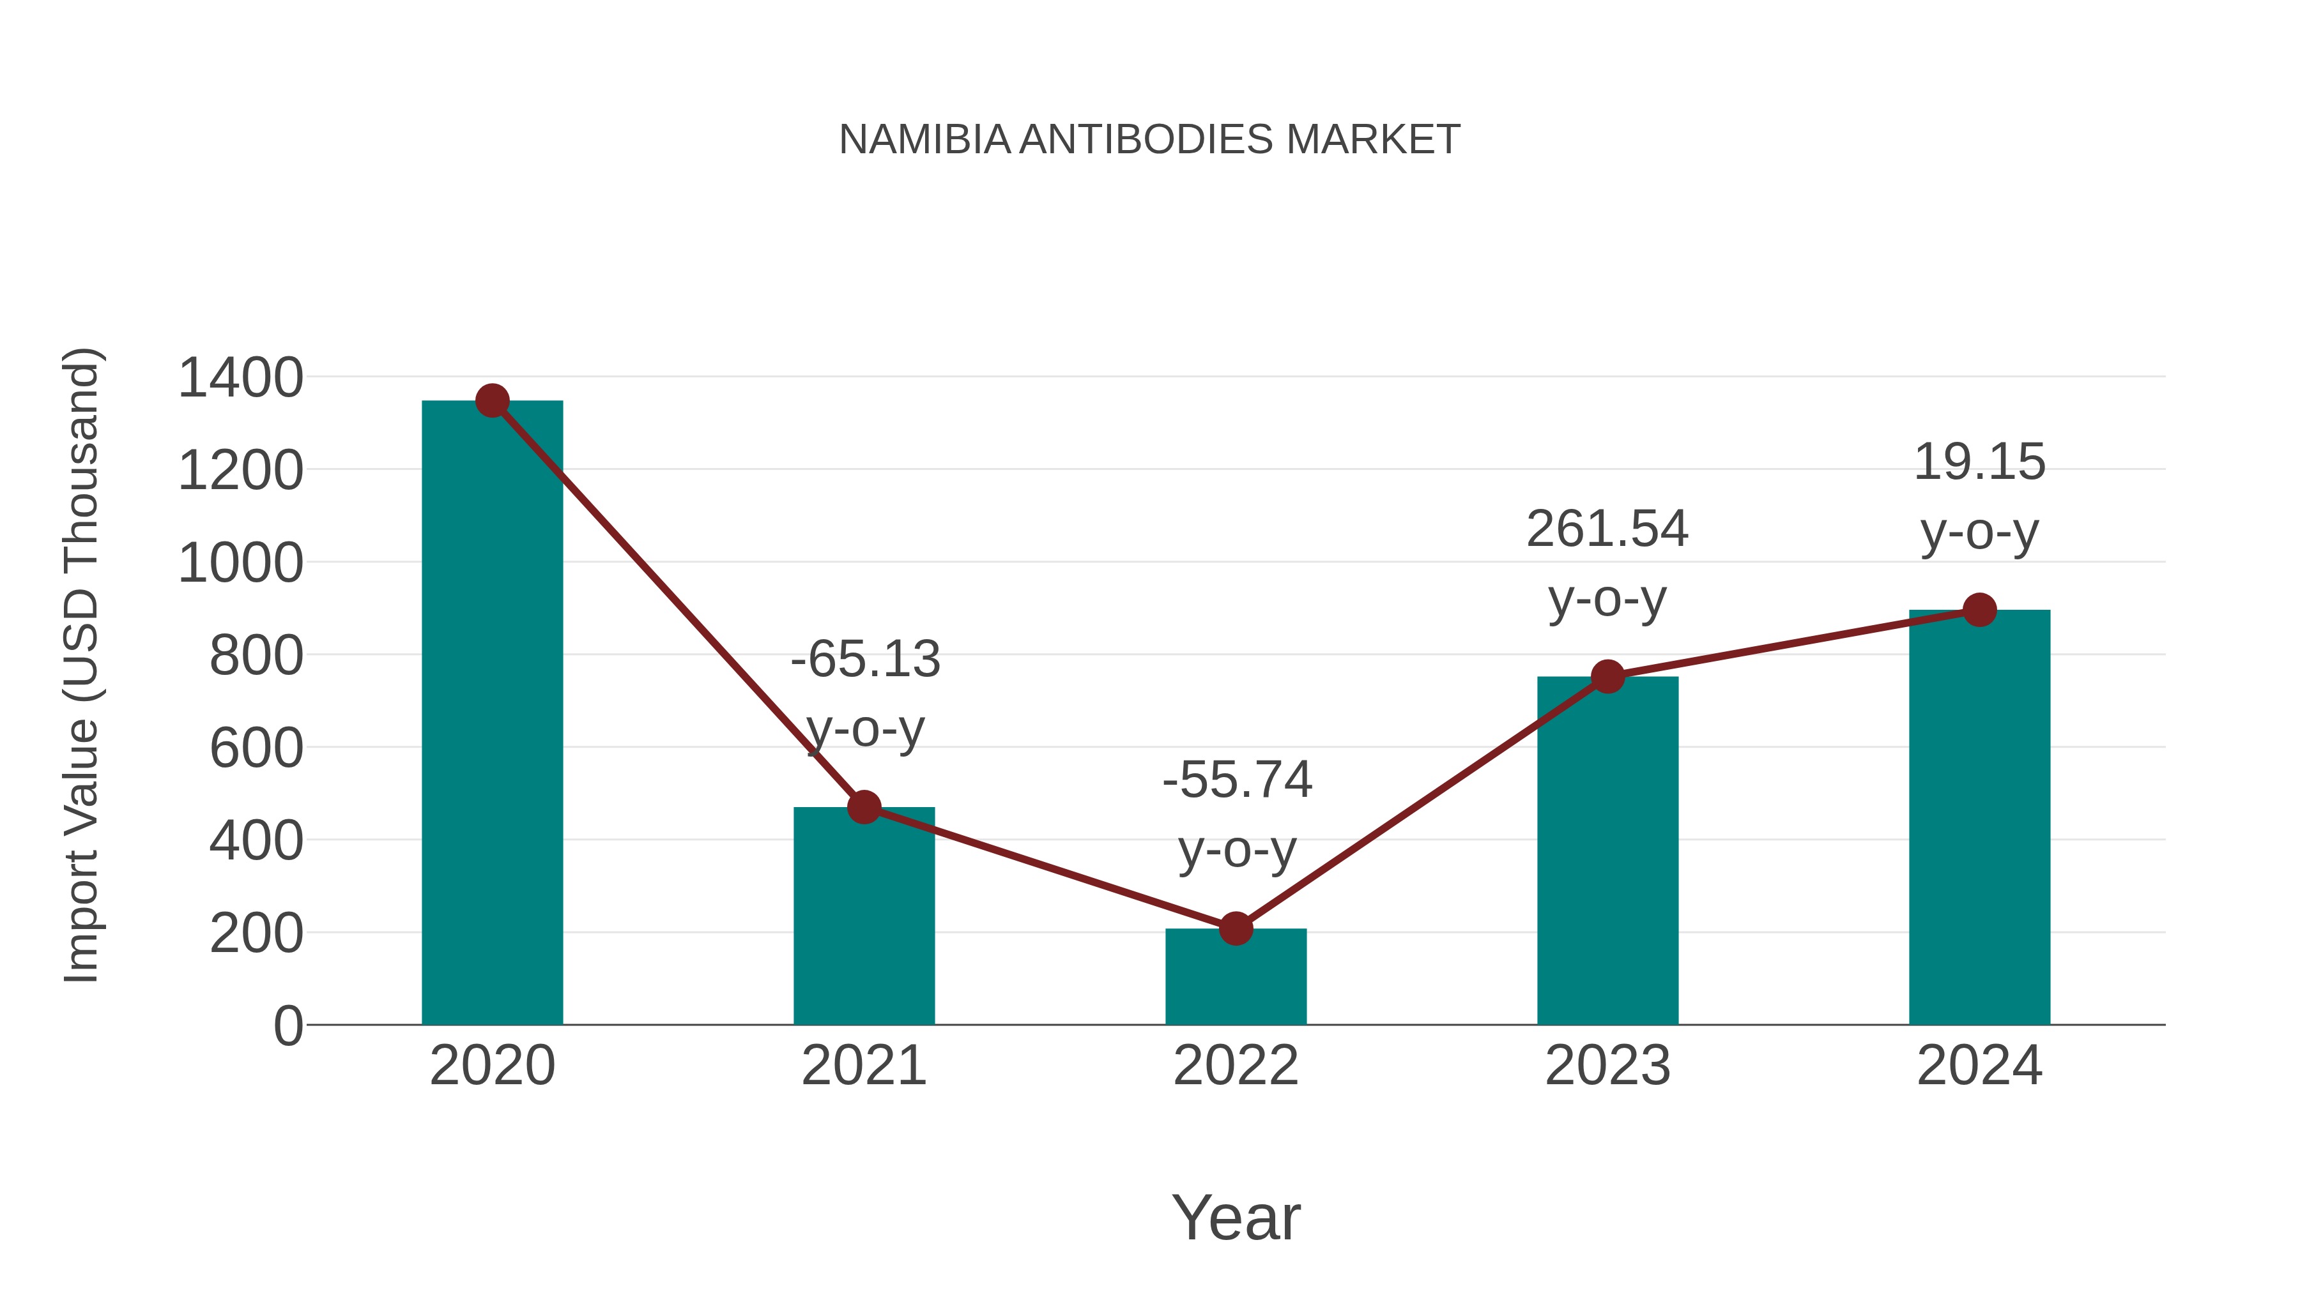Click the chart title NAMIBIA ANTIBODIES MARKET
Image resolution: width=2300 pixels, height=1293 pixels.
click(1149, 140)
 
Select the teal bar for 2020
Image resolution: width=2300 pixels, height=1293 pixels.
click(492, 714)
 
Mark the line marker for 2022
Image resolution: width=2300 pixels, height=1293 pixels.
click(1236, 929)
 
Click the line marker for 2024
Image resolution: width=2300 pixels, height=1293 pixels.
click(1979, 610)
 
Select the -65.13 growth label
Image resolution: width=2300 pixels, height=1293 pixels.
click(865, 660)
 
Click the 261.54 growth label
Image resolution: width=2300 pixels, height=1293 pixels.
click(1607, 529)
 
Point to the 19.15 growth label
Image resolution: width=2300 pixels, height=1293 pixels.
click(1979, 462)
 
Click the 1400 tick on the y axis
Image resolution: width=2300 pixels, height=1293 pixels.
click(241, 377)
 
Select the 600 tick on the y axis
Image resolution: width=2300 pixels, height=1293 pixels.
click(256, 748)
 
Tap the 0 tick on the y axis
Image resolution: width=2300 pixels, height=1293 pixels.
click(287, 1025)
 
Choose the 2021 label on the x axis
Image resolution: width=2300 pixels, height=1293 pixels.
click(863, 1066)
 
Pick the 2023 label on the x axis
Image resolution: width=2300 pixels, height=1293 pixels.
click(1607, 1066)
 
